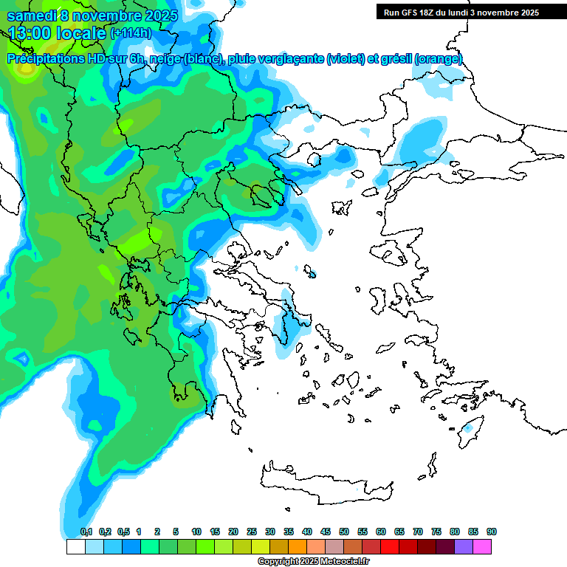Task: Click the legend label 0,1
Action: coord(86,532)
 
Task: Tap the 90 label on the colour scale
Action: coord(492,532)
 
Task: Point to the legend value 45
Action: coord(326,532)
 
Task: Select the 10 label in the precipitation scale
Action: coord(196,532)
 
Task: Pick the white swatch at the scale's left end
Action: coord(75,547)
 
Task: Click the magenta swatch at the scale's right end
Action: coord(482,547)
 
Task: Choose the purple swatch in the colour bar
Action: coord(464,547)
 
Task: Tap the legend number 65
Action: coord(399,532)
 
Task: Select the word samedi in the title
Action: coord(32,15)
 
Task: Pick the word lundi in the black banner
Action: coord(470,13)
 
